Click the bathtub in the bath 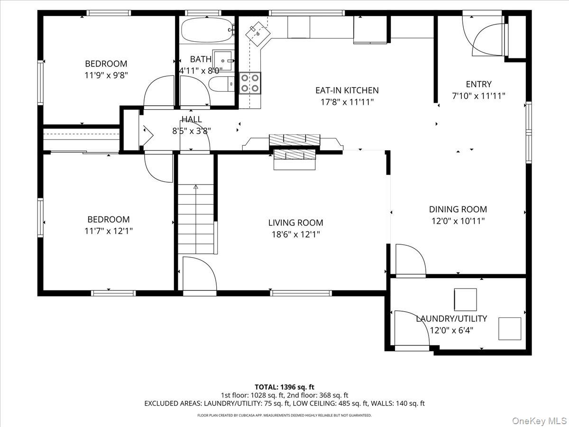tap(207, 30)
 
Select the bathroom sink tap(222, 61)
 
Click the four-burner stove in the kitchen tap(250, 83)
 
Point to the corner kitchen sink tap(257, 33)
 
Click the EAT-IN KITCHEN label tap(347, 90)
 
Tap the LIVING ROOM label tap(295, 223)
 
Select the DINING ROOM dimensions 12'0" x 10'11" tap(458, 221)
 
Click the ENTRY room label tap(478, 84)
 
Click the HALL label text tap(192, 119)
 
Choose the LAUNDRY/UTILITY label tap(451, 319)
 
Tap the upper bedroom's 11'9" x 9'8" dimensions tap(106, 75)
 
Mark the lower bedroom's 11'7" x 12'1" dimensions tap(109, 231)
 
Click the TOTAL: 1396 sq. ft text tap(284, 387)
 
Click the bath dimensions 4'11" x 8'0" tap(201, 71)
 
